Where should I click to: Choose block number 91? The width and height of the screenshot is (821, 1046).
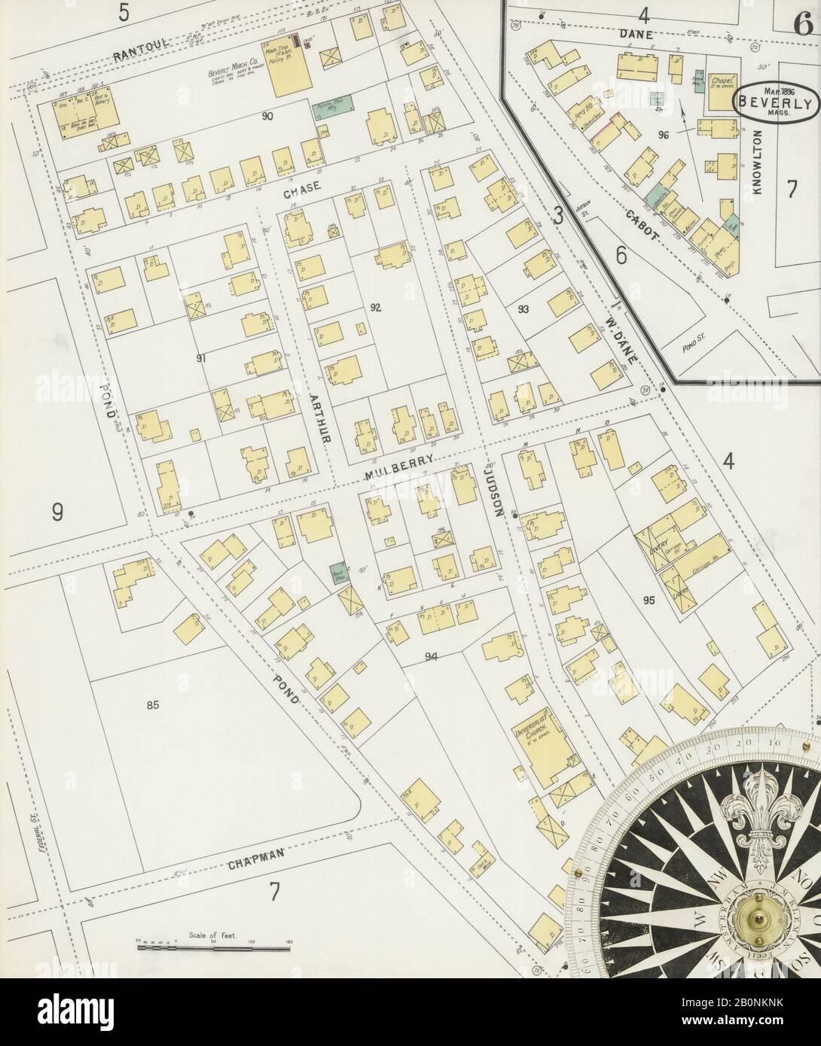click(200, 358)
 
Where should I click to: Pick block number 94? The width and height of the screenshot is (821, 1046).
click(432, 656)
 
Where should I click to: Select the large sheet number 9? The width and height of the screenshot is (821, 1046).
click(58, 512)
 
